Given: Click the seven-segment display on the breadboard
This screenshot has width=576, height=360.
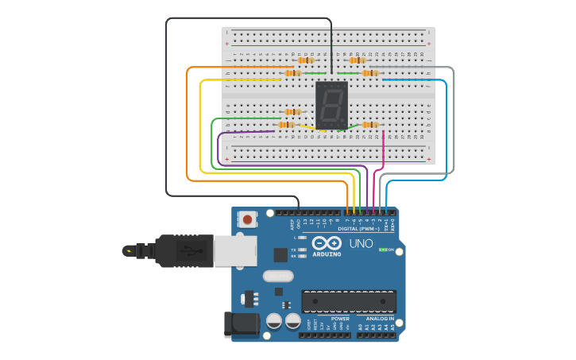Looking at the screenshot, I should coord(332,103).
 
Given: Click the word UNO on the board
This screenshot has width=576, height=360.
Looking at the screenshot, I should coord(361,244).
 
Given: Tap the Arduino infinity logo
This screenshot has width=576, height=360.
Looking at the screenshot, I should coord(326,243).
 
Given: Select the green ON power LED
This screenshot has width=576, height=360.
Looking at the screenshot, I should coord(383,250).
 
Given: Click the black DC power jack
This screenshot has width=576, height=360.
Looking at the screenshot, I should coord(242,324).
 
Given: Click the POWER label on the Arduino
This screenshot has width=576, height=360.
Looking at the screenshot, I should coord(340,319).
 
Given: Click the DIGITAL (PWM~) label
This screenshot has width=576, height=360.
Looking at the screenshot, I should coord(359,229).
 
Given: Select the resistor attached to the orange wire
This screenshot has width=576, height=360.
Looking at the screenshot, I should coord(292,73).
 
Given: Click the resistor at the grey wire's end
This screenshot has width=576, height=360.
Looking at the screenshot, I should coord(370,73).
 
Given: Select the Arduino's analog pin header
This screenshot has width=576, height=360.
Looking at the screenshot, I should coord(378,335).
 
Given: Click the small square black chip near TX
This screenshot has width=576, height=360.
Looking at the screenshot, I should coord(280,254).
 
